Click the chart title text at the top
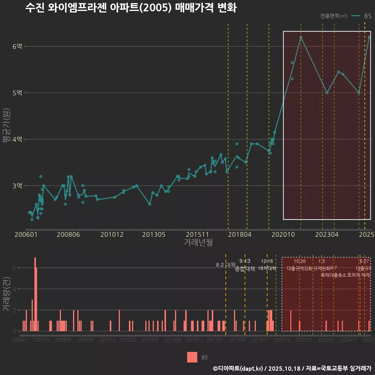130,8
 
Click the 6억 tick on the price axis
17,46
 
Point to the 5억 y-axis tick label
17,93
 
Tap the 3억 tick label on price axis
17,186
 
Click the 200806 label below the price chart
68,235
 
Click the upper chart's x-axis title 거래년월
198,243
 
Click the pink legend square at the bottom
192,357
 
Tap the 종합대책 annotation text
245,269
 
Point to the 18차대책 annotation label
267,268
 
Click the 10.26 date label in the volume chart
300,261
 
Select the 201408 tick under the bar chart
172,340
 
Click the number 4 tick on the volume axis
15,289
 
